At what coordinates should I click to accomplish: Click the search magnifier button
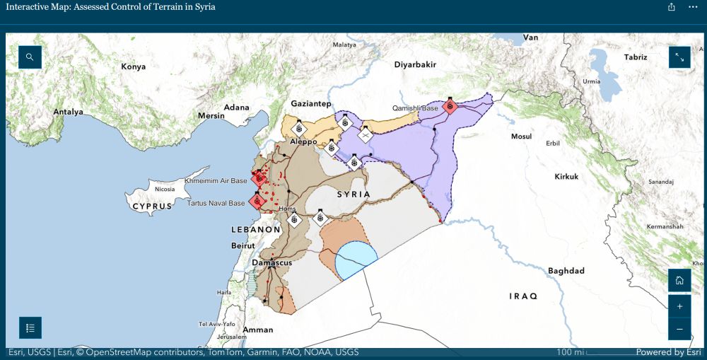pos(30,57)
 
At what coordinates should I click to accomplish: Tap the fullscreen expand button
pos(679,57)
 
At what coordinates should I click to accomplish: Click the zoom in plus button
pos(679,306)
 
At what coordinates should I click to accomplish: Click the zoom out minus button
pos(679,329)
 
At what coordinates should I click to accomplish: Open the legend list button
pos(30,327)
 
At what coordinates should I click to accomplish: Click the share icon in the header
pos(671,7)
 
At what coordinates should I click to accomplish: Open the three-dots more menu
pos(693,7)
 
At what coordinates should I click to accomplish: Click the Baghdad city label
pos(566,271)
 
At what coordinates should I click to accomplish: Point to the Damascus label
pos(272,263)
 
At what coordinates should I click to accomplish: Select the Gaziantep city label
pos(310,104)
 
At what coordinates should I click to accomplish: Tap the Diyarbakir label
pos(415,64)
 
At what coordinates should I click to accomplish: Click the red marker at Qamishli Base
pos(450,108)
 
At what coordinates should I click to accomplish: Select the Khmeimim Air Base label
pos(216,181)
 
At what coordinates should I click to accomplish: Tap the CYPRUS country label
pos(152,206)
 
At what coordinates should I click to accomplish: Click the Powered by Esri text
pos(668,352)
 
